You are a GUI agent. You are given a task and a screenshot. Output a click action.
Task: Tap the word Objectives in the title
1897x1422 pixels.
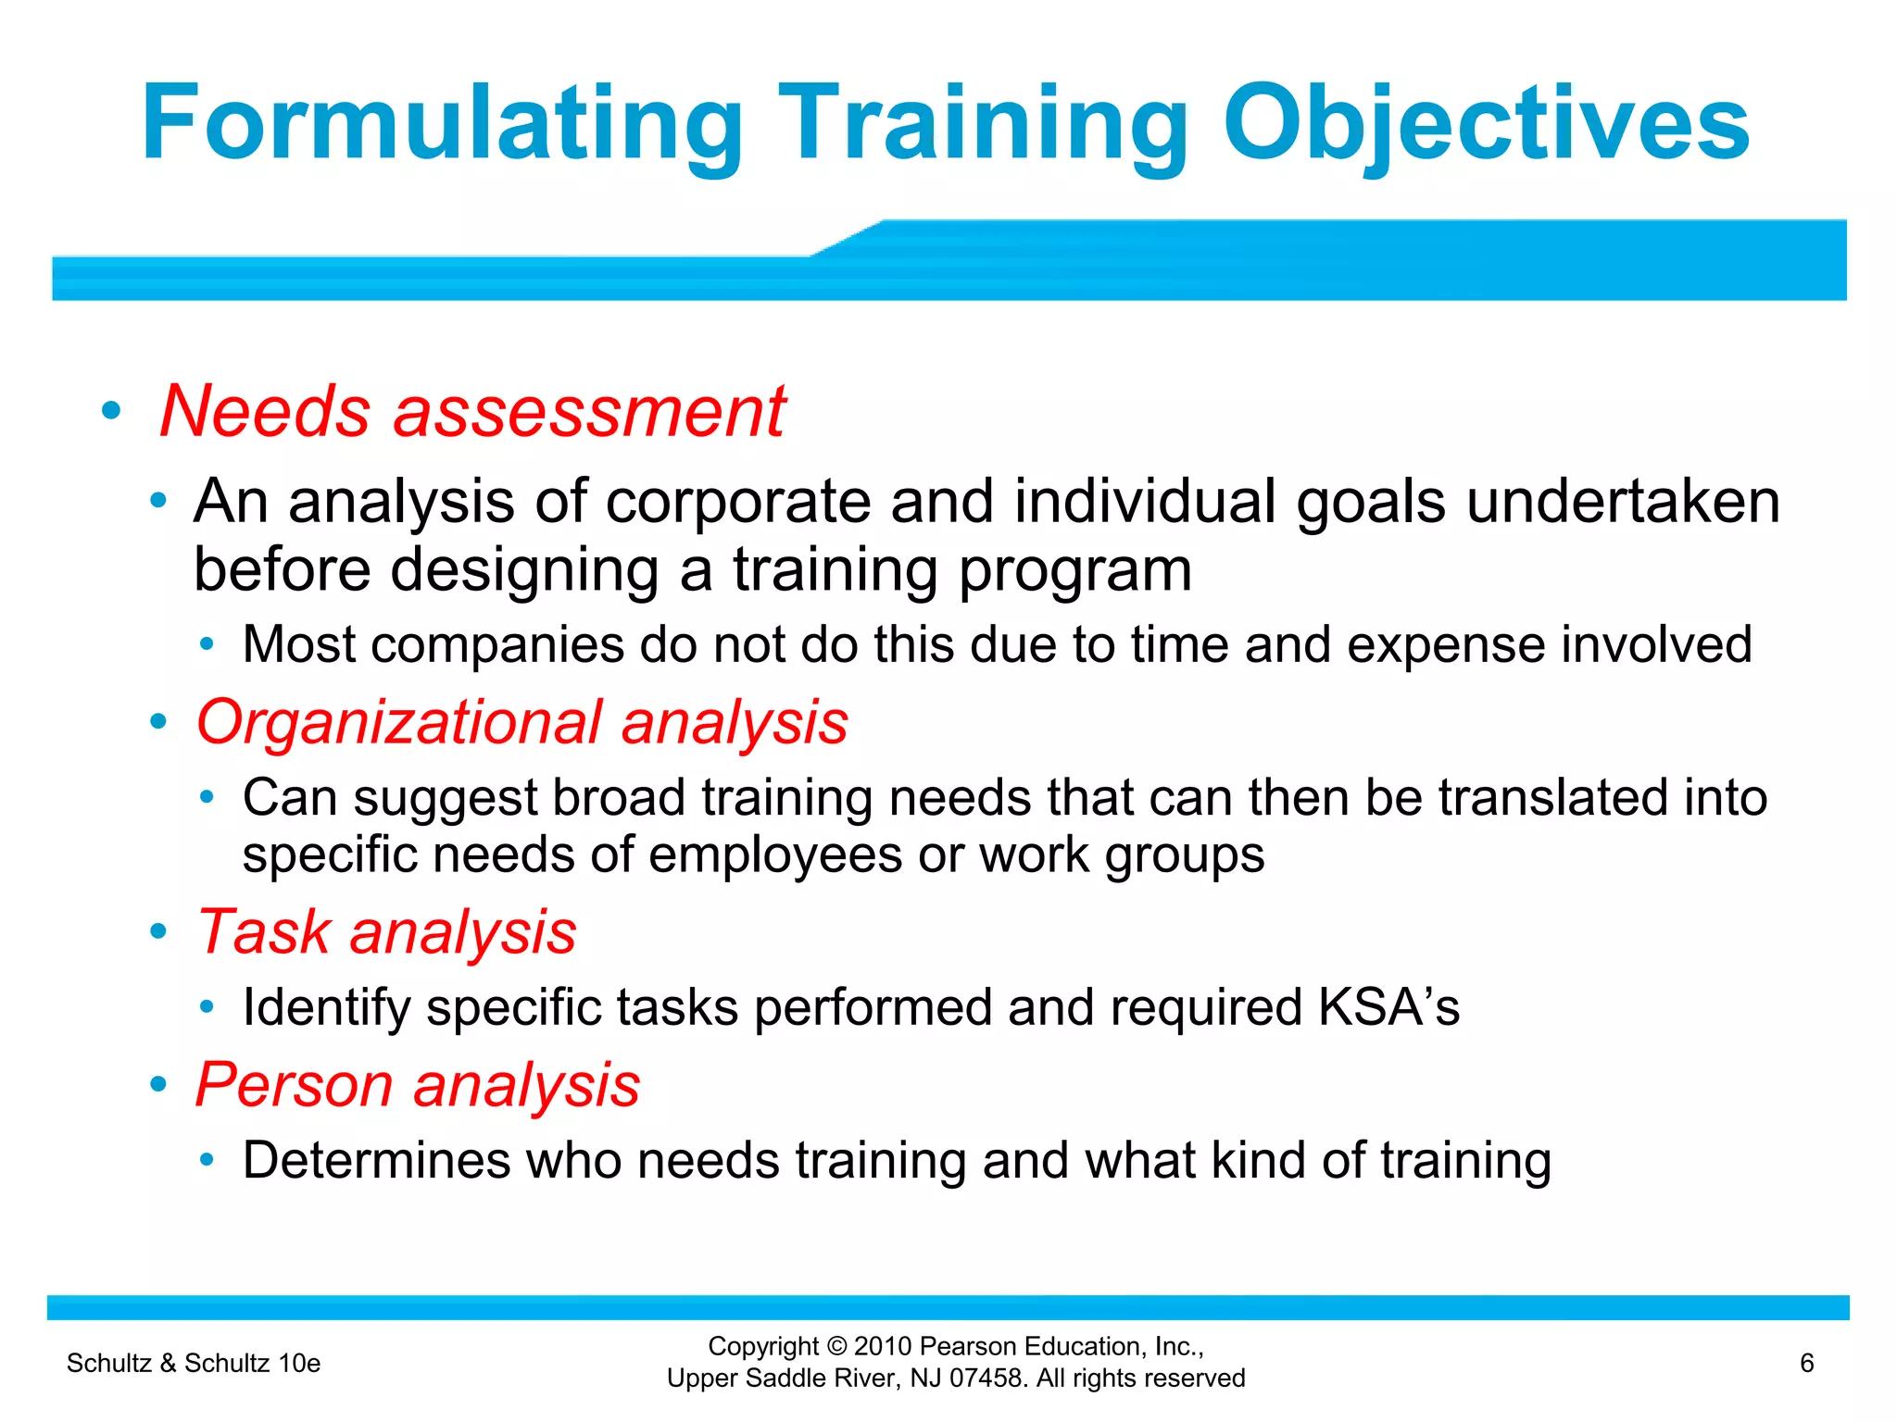pyautogui.click(x=1486, y=125)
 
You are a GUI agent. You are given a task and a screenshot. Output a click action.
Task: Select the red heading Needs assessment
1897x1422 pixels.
pyautogui.click(x=472, y=411)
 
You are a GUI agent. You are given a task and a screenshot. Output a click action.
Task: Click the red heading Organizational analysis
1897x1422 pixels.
pyautogui.click(x=521, y=722)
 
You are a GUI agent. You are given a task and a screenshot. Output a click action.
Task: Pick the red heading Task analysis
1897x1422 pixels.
pyautogui.click(x=386, y=931)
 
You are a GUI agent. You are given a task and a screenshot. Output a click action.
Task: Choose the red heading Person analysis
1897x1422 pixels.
pyautogui.click(x=418, y=1084)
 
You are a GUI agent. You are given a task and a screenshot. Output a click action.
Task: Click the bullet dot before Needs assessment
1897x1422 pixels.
pyautogui.click(x=111, y=411)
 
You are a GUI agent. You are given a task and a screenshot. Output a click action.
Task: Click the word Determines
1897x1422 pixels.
pyautogui.click(x=375, y=1160)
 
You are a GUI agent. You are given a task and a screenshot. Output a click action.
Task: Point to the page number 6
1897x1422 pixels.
pyautogui.click(x=1806, y=1363)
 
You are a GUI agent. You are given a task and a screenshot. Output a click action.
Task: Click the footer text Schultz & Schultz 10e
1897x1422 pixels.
pyautogui.click(x=194, y=1363)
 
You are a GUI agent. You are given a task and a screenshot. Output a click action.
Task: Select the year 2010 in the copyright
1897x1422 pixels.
pyautogui.click(x=884, y=1346)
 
